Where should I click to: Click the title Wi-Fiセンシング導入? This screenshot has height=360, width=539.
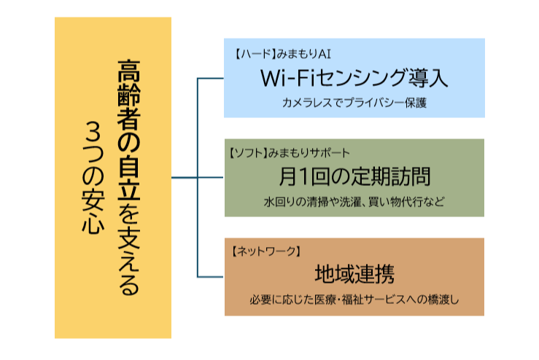tap(353, 77)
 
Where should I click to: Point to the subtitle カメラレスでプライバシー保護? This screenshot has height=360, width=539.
tap(353, 102)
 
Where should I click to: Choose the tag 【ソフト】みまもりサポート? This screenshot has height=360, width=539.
tap(288, 153)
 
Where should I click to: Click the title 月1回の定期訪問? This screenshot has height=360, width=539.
tap(354, 176)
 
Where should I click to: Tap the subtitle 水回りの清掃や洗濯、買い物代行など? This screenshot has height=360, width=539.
tap(354, 200)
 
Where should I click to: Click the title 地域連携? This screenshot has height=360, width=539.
tap(354, 275)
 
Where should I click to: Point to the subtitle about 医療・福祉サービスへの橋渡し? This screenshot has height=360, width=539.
tap(354, 299)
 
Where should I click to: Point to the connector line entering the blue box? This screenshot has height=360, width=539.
tap(211, 78)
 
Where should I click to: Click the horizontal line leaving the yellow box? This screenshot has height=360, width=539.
tap(185, 178)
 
